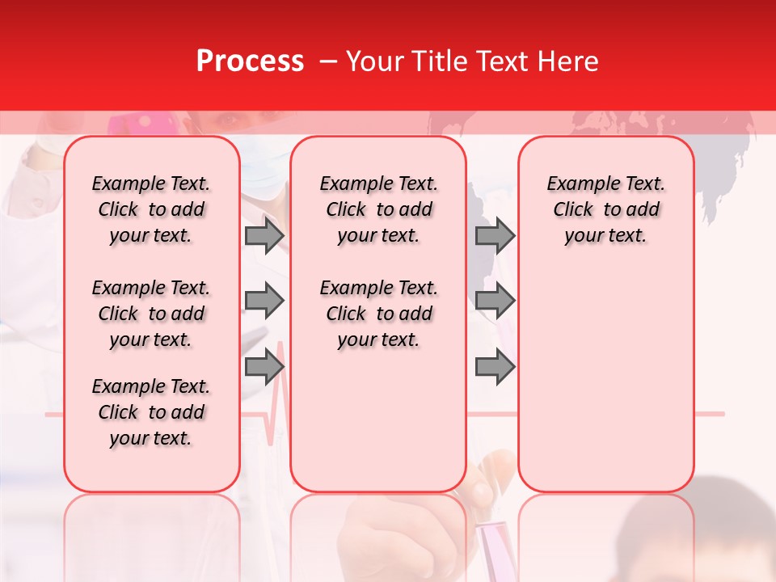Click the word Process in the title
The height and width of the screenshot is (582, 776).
click(x=250, y=61)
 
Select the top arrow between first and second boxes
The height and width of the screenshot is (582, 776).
click(x=264, y=235)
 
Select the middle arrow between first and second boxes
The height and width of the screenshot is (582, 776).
click(x=264, y=302)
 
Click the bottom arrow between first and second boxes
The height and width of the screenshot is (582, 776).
click(x=264, y=367)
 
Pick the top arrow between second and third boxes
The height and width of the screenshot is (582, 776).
click(x=495, y=235)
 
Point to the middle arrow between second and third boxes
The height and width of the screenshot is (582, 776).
click(x=495, y=302)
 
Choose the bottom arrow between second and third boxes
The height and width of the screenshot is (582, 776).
click(x=495, y=367)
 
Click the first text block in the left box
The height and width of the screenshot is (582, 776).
click(x=151, y=209)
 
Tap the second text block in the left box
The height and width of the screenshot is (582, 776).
click(x=151, y=314)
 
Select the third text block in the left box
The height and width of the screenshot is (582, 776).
click(x=151, y=412)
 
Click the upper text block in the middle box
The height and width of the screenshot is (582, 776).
click(x=378, y=209)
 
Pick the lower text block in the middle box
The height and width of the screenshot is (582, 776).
click(x=378, y=314)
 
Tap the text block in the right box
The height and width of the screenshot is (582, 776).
click(x=605, y=209)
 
